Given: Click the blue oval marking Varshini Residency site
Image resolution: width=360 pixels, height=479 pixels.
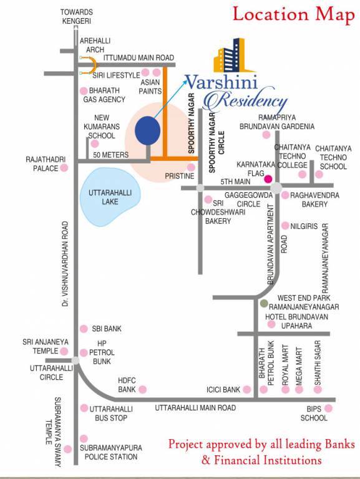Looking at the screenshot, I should [147, 130].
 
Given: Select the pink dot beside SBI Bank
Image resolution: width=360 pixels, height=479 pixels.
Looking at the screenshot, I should [84, 329].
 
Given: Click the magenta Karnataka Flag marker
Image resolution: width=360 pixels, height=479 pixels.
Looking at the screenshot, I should [268, 179].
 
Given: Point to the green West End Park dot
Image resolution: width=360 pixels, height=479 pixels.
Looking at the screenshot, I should [264, 303].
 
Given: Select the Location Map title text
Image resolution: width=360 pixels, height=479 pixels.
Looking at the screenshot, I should [293, 15].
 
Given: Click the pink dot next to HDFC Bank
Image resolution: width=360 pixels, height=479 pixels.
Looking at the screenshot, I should [142, 390].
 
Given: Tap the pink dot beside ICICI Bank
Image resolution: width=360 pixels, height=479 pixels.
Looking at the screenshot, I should [248, 390].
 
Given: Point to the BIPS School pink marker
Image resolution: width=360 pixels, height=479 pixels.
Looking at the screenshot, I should [329, 409].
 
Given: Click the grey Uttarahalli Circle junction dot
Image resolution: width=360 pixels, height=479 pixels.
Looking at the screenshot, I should [75, 360].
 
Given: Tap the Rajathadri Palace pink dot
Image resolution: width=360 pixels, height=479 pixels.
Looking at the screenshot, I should [64, 168].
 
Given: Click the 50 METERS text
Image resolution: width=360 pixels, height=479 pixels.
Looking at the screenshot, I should [110, 155].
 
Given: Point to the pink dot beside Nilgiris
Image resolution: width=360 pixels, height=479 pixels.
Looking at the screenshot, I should [285, 226].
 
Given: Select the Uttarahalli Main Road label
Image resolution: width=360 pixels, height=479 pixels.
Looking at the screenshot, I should [195, 407].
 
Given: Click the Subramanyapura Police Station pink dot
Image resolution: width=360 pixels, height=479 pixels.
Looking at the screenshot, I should [84, 438].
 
